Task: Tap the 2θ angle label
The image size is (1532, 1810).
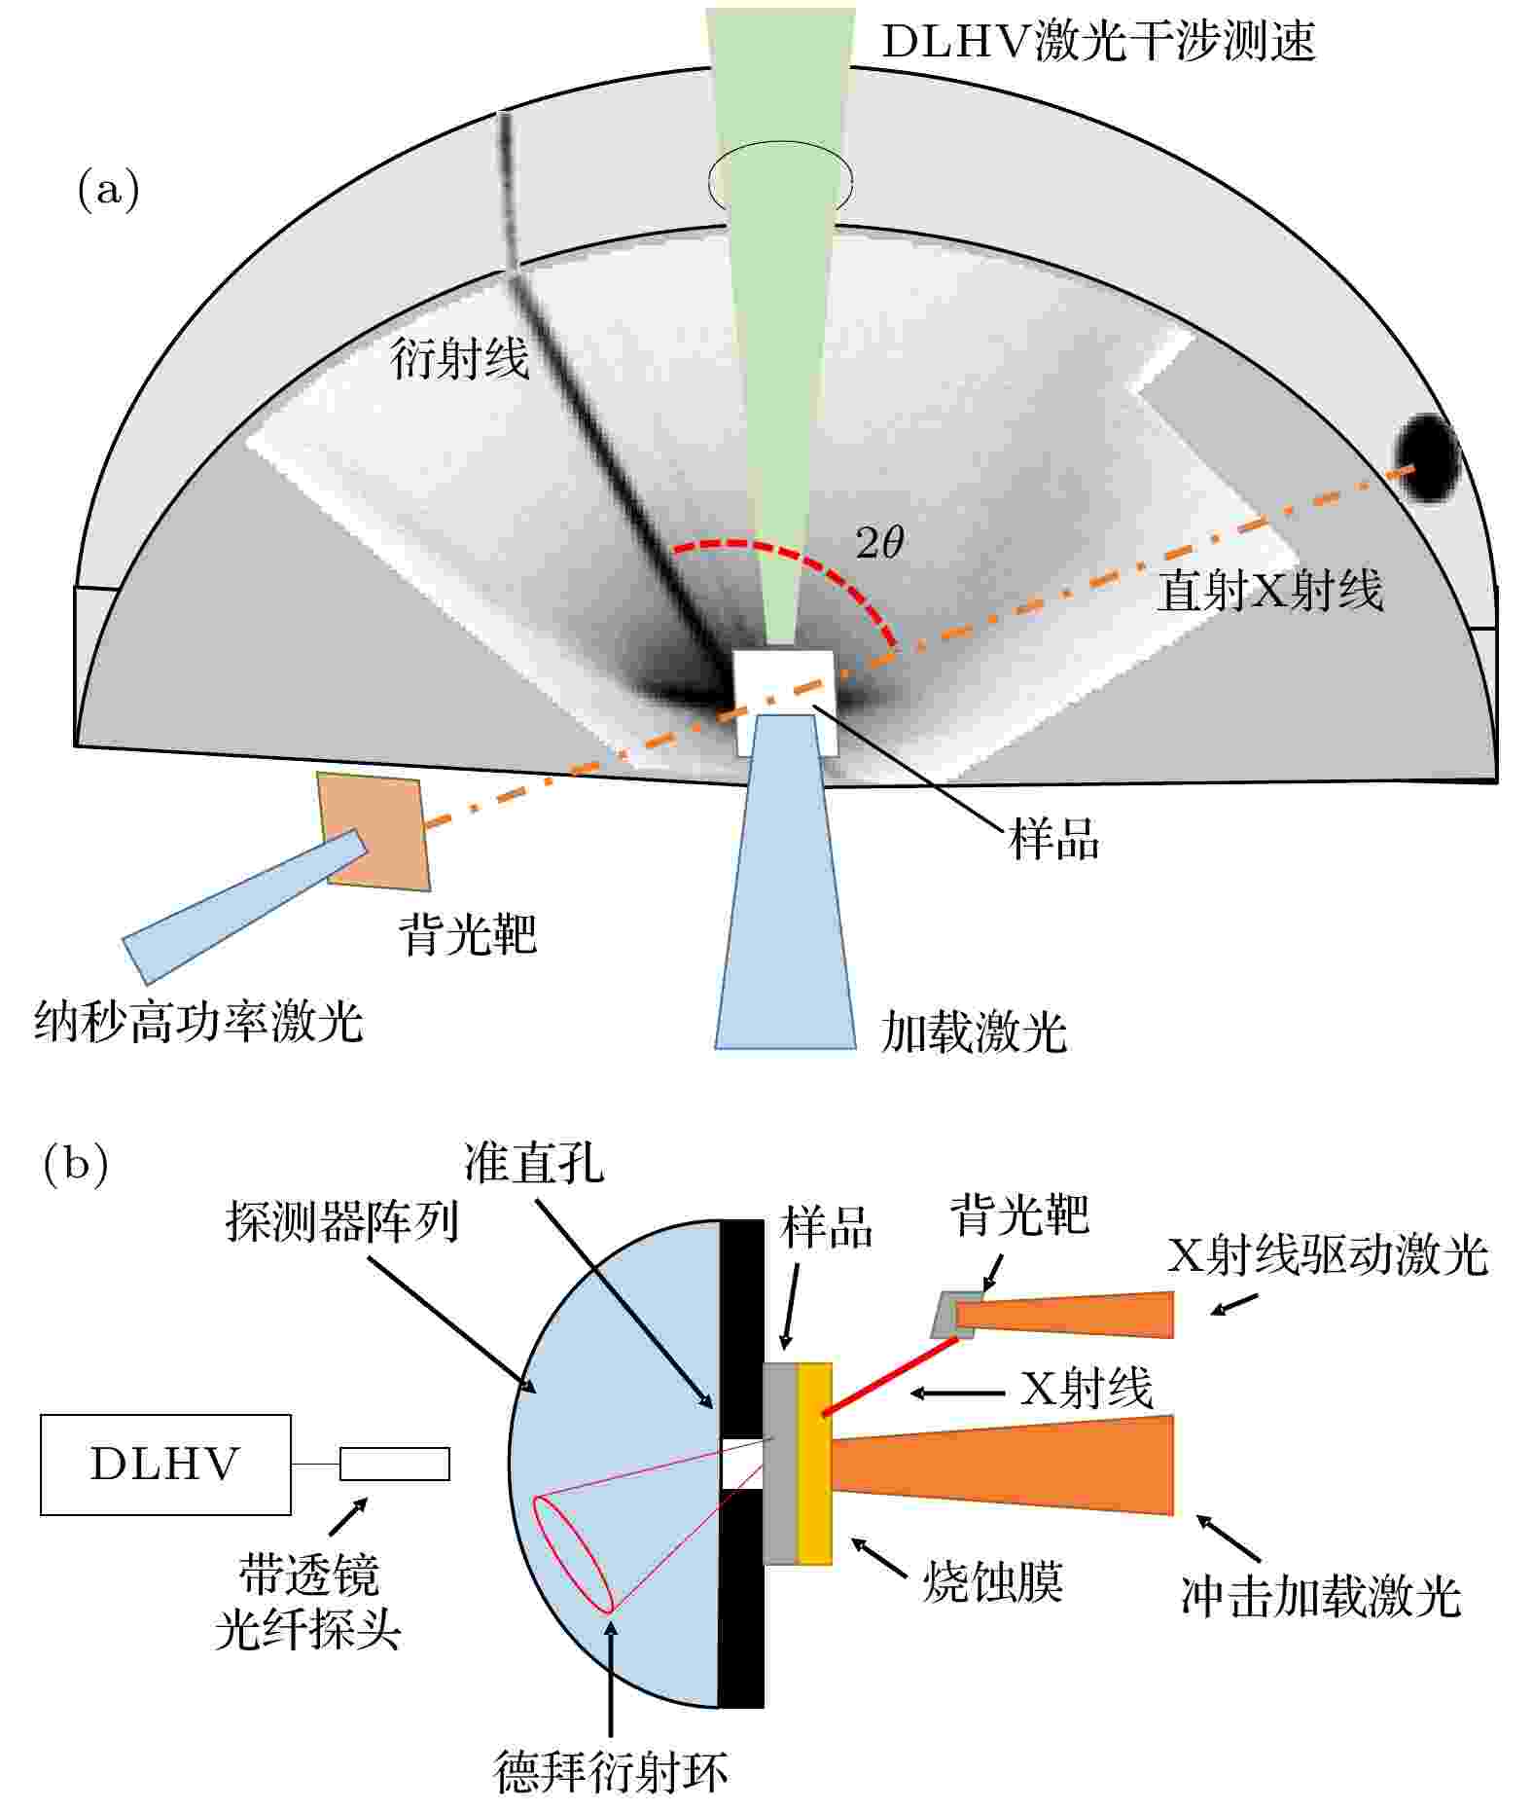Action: click(x=879, y=542)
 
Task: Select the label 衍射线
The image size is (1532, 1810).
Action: click(x=459, y=358)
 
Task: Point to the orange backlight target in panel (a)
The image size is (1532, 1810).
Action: click(x=374, y=830)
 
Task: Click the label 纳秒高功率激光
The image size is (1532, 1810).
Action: click(x=198, y=1022)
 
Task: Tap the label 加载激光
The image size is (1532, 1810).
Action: click(x=974, y=1032)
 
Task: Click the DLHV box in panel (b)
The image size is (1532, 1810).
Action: click(x=165, y=1465)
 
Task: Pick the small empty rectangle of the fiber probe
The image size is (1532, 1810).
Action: click(x=395, y=1465)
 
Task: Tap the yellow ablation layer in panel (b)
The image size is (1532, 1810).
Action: click(x=815, y=1464)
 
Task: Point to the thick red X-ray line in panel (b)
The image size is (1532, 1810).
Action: click(x=891, y=1376)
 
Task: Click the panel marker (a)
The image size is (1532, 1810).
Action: click(x=108, y=188)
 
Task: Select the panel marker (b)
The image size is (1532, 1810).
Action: click(x=76, y=1165)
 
